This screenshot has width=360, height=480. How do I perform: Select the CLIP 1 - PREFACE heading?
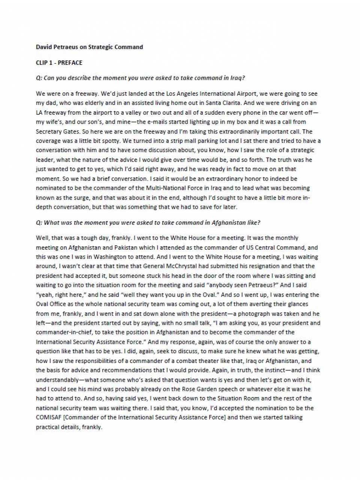point(59,63)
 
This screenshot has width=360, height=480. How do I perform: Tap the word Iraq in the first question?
point(237,78)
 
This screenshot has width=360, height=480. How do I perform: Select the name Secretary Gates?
point(57,131)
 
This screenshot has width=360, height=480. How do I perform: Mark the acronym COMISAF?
point(49,417)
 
